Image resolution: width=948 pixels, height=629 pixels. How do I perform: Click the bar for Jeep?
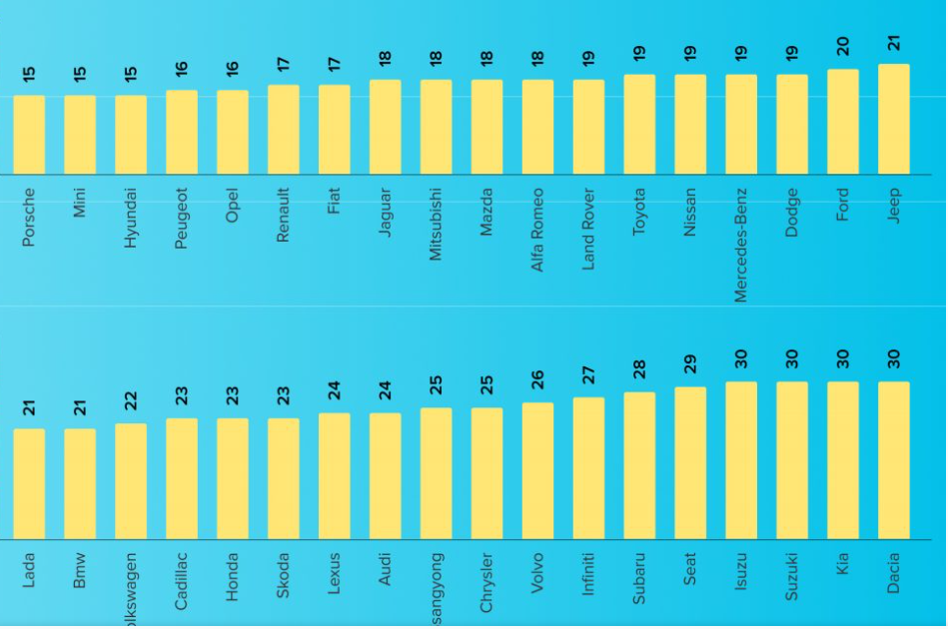[893, 120]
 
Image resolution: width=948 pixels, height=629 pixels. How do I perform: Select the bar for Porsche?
[29, 135]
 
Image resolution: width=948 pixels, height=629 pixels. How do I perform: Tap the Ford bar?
[842, 122]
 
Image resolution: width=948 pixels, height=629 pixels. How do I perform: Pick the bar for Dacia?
[893, 460]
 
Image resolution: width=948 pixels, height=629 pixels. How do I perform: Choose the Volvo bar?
[537, 471]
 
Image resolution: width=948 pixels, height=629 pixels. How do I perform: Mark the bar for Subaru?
[639, 466]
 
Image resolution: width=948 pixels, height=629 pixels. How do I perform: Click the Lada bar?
[29, 484]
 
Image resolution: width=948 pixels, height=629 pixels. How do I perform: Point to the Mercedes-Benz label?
[741, 244]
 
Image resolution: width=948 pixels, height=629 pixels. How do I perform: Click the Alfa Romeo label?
[537, 229]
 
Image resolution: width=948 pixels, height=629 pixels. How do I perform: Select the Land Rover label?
[588, 229]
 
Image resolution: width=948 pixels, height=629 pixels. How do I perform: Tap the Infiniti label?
[588, 573]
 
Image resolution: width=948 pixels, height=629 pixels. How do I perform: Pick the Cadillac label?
[181, 580]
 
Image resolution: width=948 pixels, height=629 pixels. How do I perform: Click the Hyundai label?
[130, 218]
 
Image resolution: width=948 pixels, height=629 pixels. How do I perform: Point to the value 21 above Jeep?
[893, 42]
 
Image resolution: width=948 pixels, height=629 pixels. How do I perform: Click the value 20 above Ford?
[842, 47]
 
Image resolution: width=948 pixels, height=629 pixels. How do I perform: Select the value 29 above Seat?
[690, 364]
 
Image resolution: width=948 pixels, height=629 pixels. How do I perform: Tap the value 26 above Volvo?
[537, 380]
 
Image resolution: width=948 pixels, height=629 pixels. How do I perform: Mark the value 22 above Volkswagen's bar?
[130, 401]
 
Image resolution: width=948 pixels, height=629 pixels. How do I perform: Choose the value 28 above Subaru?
[639, 370]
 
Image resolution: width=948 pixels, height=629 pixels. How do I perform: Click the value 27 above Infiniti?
[588, 375]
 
